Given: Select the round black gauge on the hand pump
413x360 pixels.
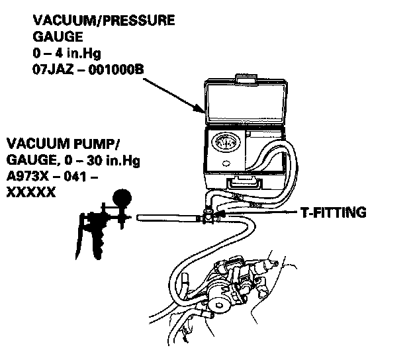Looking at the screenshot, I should pyautogui.click(x=121, y=197).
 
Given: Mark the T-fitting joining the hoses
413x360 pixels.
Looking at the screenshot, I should pyautogui.click(x=208, y=216).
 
